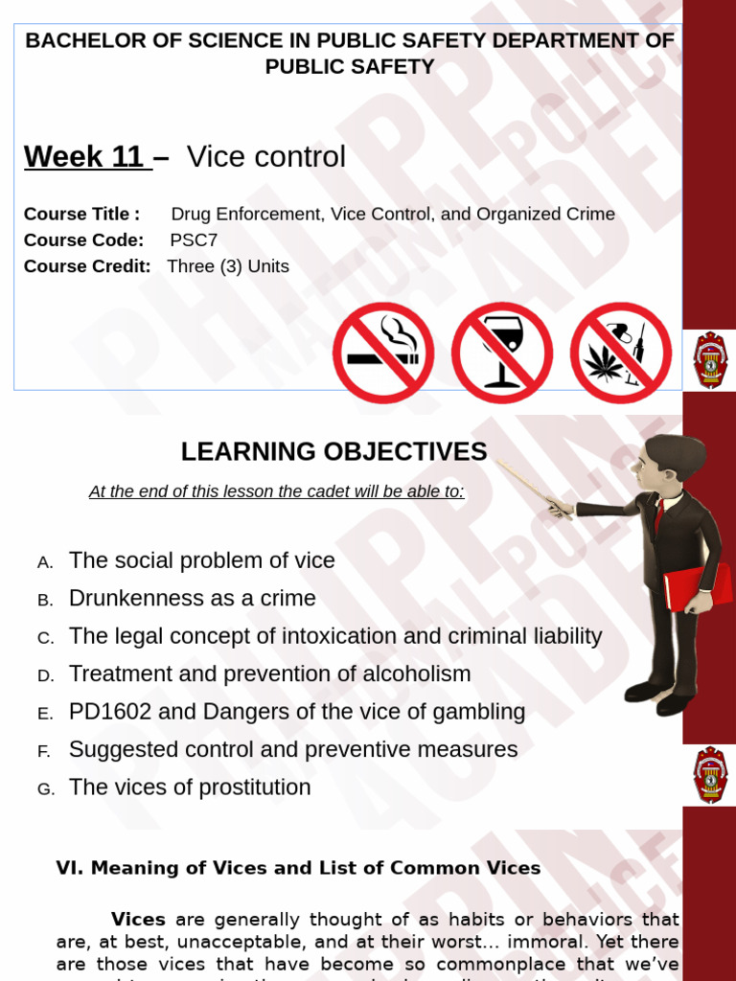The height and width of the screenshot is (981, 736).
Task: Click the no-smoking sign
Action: click(383, 353)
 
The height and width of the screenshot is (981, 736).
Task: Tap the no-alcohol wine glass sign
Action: click(501, 353)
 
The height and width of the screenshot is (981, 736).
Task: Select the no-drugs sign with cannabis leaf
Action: click(620, 353)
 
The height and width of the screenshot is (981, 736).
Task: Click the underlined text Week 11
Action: click(86, 156)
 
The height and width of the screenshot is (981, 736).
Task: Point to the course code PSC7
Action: click(194, 240)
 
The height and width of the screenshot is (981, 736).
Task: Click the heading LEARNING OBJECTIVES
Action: click(333, 451)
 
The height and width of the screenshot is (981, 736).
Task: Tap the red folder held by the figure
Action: click(698, 586)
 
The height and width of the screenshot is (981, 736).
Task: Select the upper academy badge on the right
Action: click(710, 359)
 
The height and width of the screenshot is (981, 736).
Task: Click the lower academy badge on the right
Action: click(710, 774)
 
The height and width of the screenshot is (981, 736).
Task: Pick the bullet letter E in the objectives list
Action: click(45, 714)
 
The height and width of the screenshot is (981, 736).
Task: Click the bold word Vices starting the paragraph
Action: click(138, 920)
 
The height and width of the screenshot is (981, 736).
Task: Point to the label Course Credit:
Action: click(87, 266)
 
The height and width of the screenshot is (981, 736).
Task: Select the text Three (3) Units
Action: click(228, 266)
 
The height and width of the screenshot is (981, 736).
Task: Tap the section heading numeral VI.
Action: click(66, 868)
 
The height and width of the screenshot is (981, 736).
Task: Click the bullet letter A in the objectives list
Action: click(45, 562)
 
